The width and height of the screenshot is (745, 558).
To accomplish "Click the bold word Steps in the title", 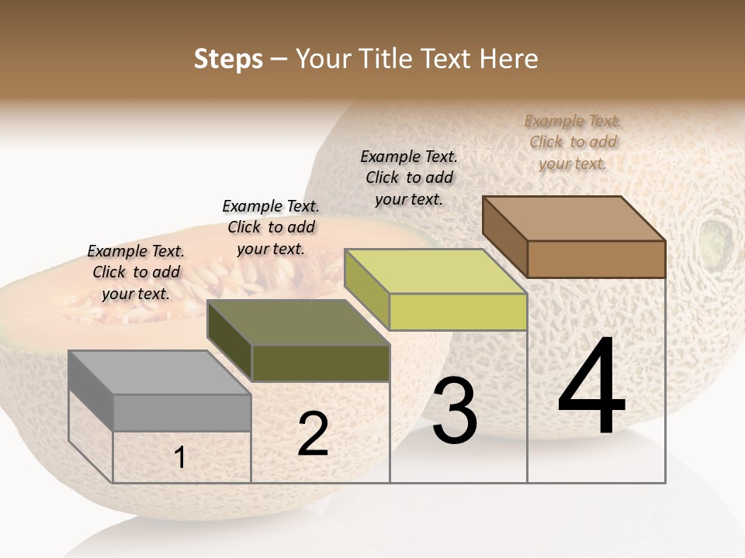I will point(228,59).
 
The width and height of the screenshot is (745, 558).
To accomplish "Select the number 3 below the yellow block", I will point(454,412).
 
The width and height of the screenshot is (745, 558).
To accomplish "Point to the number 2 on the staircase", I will point(313,435).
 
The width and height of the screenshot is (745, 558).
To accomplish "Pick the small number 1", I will point(180,458).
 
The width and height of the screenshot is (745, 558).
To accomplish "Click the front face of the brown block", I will point(596,259).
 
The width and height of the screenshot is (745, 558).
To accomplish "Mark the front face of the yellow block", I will point(458,312).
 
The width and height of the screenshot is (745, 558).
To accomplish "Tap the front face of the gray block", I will point(182,412).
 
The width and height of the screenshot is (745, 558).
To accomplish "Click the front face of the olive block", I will point(321,363).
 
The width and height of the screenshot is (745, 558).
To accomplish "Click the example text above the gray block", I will point(136,272).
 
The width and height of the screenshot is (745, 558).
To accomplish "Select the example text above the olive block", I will point(271,227).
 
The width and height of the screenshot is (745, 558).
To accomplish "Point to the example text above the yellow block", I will point(409,177).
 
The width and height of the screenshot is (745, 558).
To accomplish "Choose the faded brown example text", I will point(573,142).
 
